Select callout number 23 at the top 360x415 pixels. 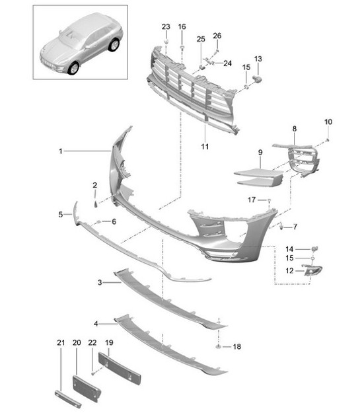[x=165, y=26]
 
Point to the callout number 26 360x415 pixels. [x=217, y=36]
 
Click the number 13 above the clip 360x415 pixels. [x=258, y=59]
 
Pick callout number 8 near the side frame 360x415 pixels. [x=295, y=130]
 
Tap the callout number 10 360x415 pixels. [x=328, y=122]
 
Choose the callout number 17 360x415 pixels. [x=252, y=199]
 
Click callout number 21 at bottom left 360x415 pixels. [x=61, y=342]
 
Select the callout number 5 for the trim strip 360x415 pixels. [x=60, y=214]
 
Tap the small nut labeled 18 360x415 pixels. [x=217, y=346]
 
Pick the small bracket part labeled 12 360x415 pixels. [x=312, y=269]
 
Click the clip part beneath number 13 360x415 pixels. [x=258, y=79]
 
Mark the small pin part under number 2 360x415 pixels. [x=94, y=196]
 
